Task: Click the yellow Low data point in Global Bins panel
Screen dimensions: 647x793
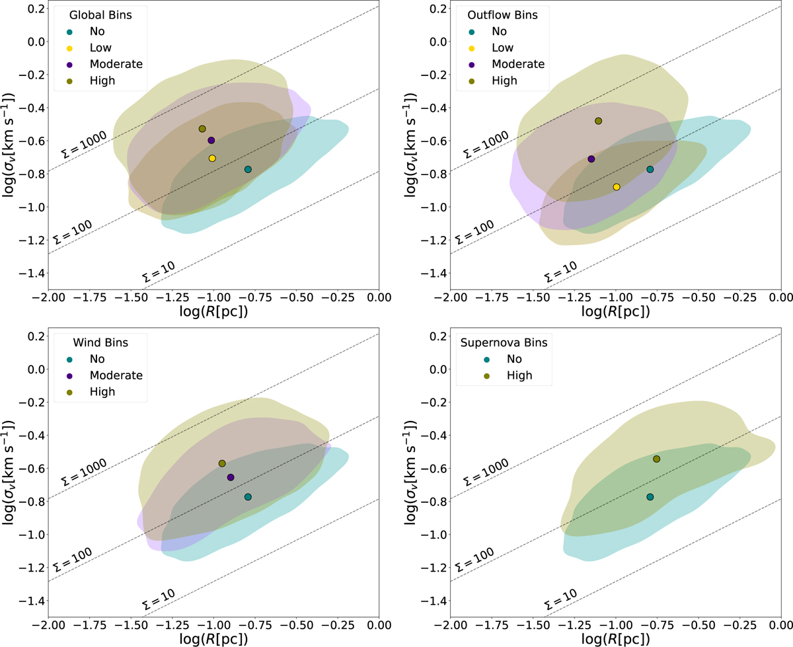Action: coord(212,159)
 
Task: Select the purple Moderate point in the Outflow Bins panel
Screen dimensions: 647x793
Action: coord(591,159)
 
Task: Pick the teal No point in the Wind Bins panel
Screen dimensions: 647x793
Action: coord(248,497)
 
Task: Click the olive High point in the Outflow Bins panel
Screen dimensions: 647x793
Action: coord(599,121)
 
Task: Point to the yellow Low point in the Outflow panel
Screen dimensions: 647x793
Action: coord(617,187)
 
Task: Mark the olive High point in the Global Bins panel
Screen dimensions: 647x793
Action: coord(202,129)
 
